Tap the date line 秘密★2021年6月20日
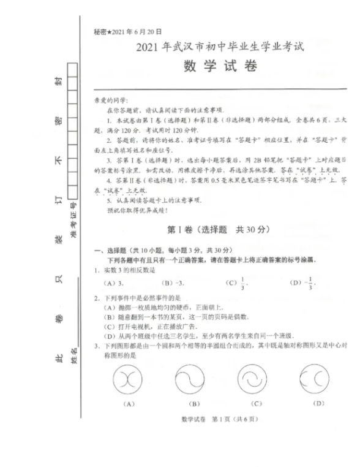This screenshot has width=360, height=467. pyautogui.click(x=120, y=31)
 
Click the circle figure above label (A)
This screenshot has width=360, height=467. pyautogui.click(x=129, y=378)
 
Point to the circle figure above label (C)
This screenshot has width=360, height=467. pyautogui.click(x=256, y=378)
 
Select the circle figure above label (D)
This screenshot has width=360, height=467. pyautogui.click(x=318, y=378)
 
